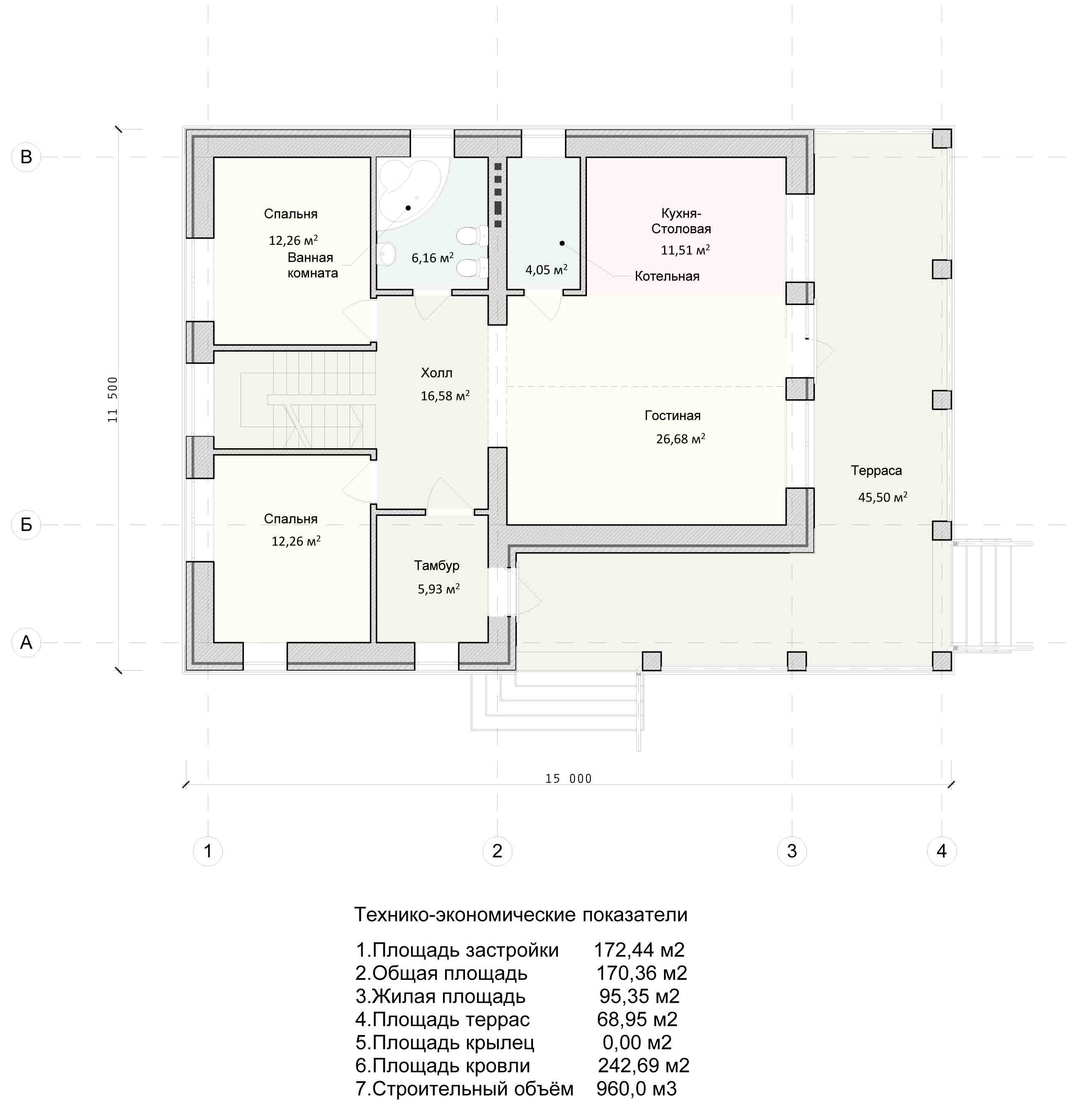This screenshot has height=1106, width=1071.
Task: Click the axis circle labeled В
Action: point(26,157)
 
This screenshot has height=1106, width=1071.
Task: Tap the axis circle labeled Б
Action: point(26,525)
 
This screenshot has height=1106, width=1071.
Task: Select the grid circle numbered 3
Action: point(792,851)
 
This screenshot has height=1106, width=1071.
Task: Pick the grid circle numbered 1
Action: point(207,851)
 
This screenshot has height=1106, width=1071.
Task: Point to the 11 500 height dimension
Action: point(113,400)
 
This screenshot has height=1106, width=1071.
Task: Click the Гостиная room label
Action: point(672,416)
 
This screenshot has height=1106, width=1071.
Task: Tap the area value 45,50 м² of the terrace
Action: point(883,497)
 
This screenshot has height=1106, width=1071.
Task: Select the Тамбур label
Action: point(436,565)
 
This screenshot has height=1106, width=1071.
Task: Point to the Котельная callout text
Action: point(667,276)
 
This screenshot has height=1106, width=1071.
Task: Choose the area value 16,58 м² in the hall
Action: point(445,396)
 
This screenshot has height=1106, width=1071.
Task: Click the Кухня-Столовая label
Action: point(681,221)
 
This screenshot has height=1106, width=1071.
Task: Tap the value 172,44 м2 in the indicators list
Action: point(639,950)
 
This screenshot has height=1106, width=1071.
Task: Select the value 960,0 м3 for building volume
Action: point(637,1089)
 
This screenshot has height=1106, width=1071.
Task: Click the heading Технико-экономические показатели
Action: point(521,915)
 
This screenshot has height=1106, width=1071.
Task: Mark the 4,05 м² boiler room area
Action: point(546,270)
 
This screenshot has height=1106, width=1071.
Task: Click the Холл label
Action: point(436,373)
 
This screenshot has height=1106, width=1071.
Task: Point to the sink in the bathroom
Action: point(386,254)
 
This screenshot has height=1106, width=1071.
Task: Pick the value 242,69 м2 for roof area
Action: point(643,1065)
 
